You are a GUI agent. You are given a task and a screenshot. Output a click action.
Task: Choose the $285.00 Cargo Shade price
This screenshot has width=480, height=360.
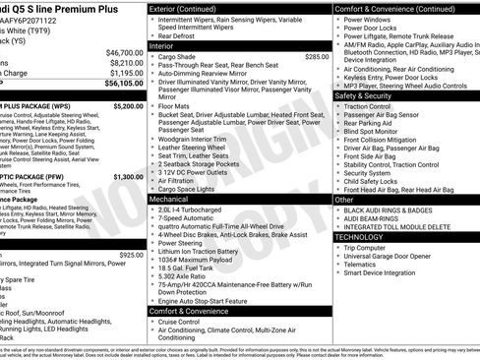[316, 57]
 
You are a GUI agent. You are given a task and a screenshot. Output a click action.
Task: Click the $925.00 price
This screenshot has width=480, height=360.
[131, 255]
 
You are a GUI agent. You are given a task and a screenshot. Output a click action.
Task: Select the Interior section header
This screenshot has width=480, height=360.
[161, 45]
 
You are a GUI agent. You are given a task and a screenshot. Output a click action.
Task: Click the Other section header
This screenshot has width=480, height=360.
[343, 200]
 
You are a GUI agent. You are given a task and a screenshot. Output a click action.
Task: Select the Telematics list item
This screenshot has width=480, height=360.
[363, 265]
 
